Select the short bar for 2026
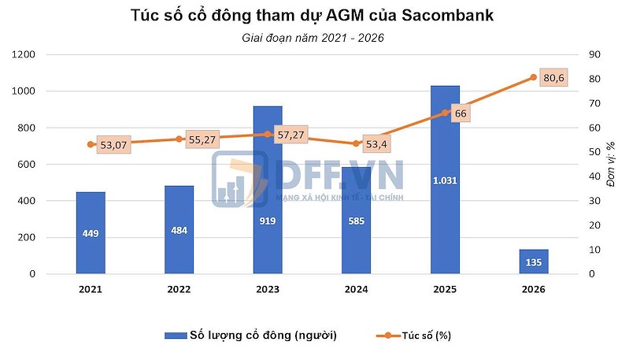click(x=533, y=262)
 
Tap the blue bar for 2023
click(x=268, y=190)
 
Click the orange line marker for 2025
click(x=445, y=113)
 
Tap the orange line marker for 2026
click(x=533, y=77)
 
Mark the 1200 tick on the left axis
click(x=24, y=54)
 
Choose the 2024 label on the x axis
click(x=356, y=289)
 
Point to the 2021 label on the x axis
click(x=91, y=289)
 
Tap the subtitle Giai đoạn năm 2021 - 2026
click(x=314, y=37)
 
